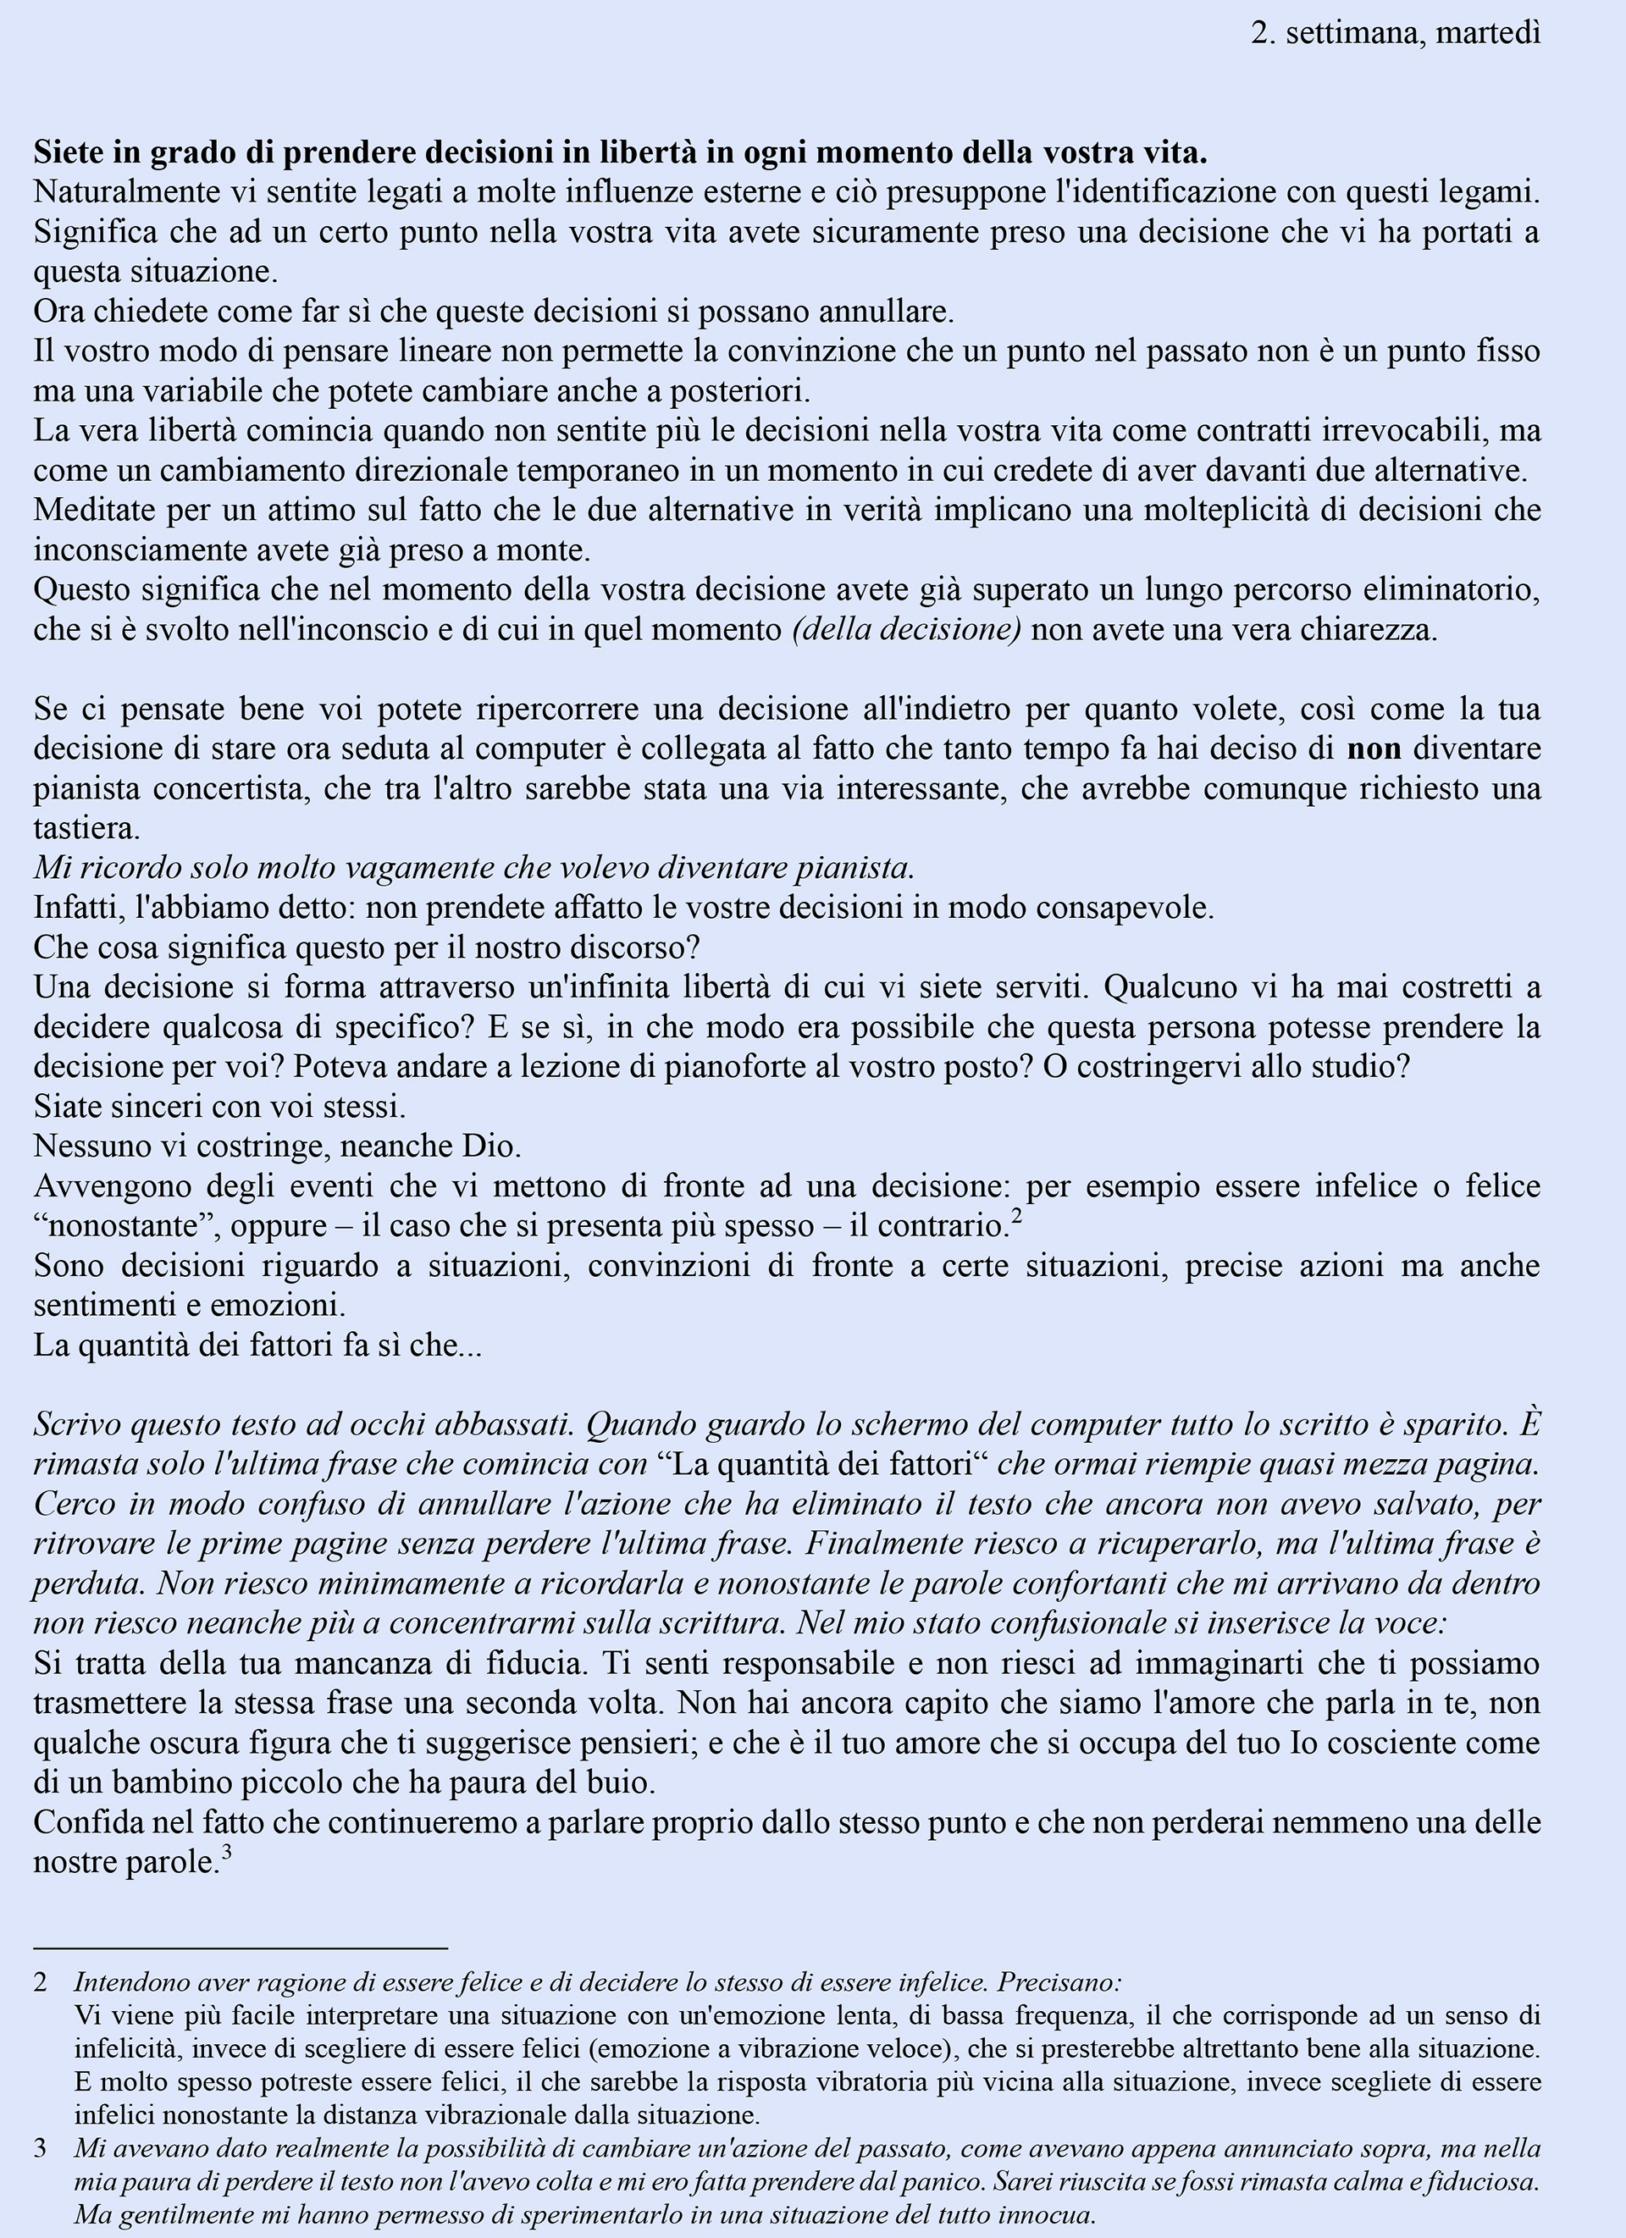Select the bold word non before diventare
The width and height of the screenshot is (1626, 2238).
point(1374,749)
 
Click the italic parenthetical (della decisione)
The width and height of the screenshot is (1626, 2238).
point(906,629)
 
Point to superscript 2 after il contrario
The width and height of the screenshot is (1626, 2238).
point(1016,1217)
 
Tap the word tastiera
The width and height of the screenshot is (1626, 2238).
point(87,829)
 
